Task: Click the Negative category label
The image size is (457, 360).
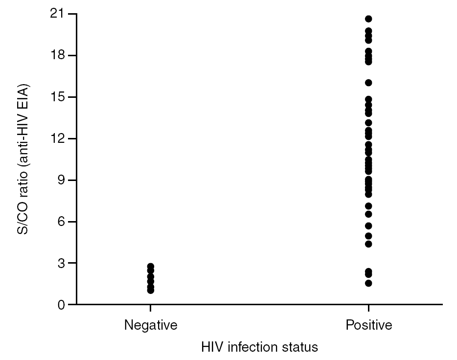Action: [x=150, y=325]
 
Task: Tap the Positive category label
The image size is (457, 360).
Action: [x=368, y=325]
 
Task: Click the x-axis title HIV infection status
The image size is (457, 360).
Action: [x=259, y=347]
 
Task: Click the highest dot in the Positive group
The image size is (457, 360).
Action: [x=368, y=19]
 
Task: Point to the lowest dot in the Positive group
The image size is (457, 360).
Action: [x=368, y=283]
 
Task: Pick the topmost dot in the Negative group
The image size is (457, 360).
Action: [x=151, y=267]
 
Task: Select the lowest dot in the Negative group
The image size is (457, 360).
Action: [x=151, y=291]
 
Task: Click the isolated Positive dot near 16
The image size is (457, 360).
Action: [x=368, y=83]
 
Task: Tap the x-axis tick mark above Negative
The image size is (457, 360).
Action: [x=151, y=308]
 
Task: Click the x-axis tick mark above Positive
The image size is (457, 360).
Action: [x=368, y=308]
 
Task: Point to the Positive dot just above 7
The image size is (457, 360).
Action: [x=368, y=206]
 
